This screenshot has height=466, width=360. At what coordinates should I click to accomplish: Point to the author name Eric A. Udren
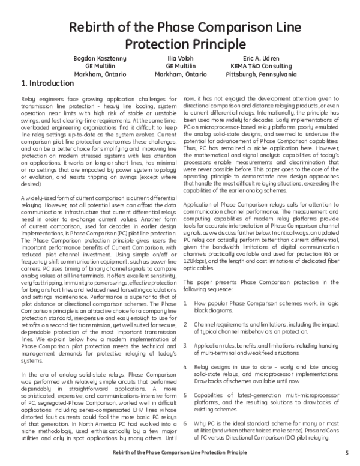point(261,58)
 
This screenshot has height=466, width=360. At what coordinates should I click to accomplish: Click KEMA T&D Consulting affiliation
point(261,66)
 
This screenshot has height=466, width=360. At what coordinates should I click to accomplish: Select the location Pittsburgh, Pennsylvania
point(261,74)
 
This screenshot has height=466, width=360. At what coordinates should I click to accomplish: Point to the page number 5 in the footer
point(347,452)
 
